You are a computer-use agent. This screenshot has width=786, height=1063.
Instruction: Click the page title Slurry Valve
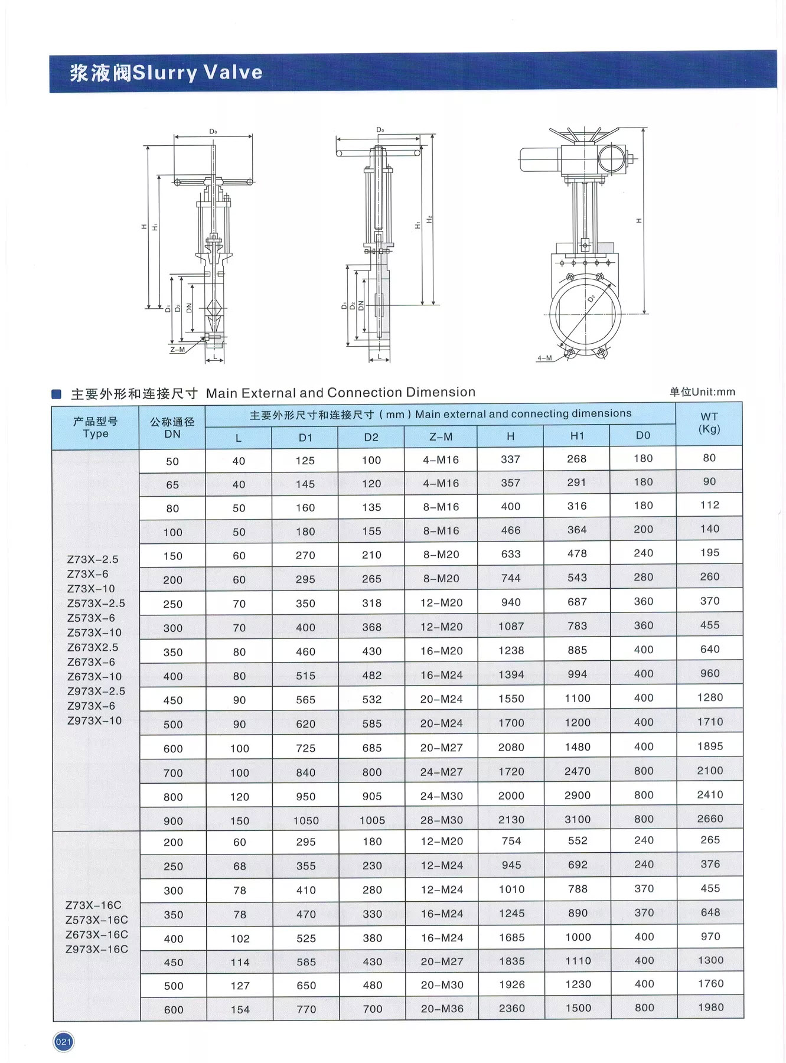click(166, 73)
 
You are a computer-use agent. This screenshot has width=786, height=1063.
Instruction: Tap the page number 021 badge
click(63, 1042)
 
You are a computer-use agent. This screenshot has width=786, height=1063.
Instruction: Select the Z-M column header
click(441, 436)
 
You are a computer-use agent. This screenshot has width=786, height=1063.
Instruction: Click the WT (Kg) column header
click(709, 423)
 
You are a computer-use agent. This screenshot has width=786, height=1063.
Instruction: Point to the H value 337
click(510, 459)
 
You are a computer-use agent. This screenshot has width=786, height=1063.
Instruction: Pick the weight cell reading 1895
click(710, 746)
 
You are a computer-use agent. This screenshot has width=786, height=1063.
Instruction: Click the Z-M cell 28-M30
click(441, 820)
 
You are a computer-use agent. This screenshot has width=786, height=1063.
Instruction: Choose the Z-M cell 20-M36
click(442, 1009)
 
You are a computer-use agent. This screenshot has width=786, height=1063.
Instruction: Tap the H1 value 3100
click(577, 819)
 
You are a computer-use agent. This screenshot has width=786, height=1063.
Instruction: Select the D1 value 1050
click(305, 820)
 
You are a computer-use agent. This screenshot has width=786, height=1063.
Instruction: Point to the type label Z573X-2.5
click(96, 603)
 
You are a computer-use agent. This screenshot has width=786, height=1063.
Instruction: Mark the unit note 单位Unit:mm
click(702, 392)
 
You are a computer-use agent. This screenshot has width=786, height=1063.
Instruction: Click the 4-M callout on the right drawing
click(544, 358)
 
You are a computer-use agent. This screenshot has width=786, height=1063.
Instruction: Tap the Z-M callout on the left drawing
click(177, 350)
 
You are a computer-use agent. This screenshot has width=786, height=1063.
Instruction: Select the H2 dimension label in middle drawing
click(430, 219)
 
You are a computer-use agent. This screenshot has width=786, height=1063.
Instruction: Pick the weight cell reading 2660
click(710, 819)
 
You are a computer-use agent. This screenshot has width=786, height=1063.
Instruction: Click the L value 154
click(240, 1009)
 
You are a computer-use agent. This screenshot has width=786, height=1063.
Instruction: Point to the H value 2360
click(511, 1008)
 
